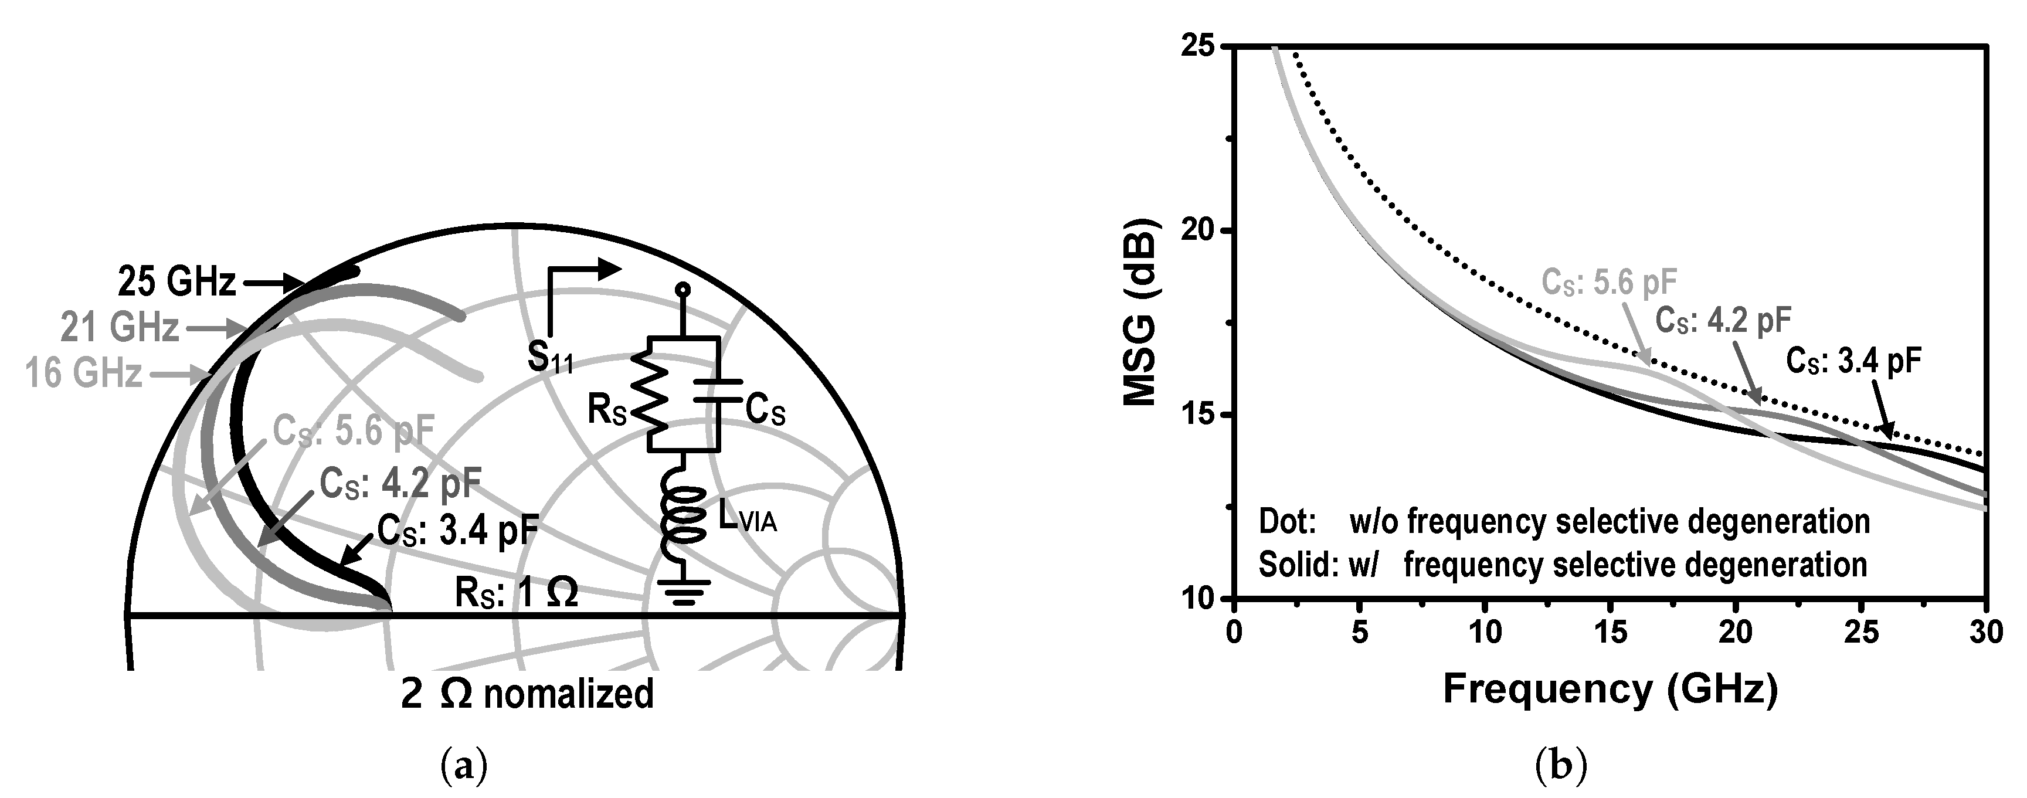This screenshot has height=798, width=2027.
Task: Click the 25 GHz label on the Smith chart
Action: (x=176, y=282)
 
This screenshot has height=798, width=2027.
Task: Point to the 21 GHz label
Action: (x=120, y=327)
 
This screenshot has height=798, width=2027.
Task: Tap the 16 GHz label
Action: (x=83, y=373)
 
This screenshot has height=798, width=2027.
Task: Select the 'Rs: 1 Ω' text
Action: (x=515, y=593)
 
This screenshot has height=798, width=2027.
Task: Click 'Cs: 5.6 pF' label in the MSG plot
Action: (x=1608, y=283)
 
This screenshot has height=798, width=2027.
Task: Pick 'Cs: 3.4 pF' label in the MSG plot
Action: (x=1853, y=361)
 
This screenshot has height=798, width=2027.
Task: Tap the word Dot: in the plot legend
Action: (x=1288, y=522)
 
